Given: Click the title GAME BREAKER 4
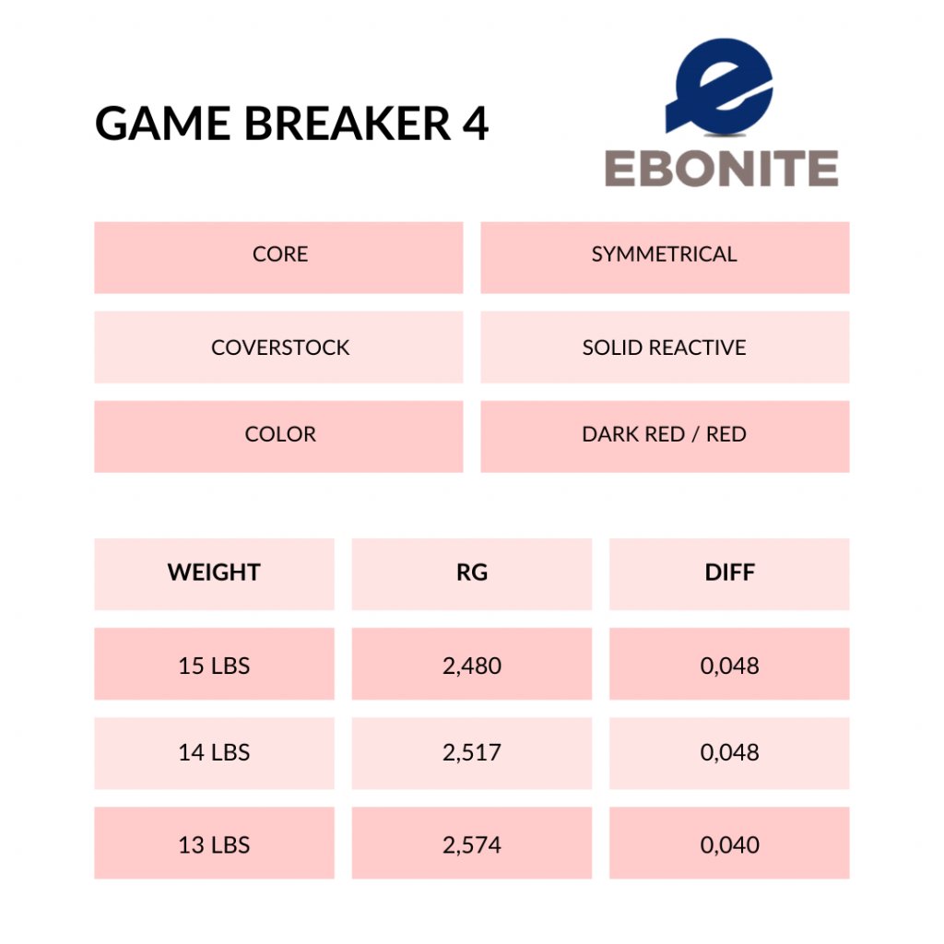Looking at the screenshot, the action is (x=291, y=124).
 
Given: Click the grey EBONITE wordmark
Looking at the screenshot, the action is (x=721, y=168).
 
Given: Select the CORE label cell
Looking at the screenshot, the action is (x=278, y=257).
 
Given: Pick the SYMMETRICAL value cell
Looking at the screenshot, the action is (x=665, y=257).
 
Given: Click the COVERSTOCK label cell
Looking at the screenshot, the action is (x=278, y=347).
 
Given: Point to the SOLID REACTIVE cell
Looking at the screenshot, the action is (x=665, y=347).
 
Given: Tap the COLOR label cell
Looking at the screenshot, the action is (x=278, y=436).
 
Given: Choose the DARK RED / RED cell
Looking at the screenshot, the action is (x=665, y=436).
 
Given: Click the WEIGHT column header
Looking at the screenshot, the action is (x=214, y=573).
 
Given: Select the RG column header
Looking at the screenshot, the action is (x=472, y=573).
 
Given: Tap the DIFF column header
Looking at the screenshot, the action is (x=730, y=573).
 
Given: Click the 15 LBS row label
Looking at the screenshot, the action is (x=214, y=664).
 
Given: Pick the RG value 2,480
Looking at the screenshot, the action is (x=472, y=664).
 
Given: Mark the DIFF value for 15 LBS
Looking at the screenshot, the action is (x=730, y=664).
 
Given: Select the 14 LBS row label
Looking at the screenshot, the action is (x=214, y=753).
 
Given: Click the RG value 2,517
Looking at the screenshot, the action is (x=472, y=753).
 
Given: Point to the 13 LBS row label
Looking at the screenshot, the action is (x=214, y=843).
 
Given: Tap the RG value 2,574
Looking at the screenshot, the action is (x=472, y=843).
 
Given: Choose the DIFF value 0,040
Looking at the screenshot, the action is (x=730, y=843).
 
